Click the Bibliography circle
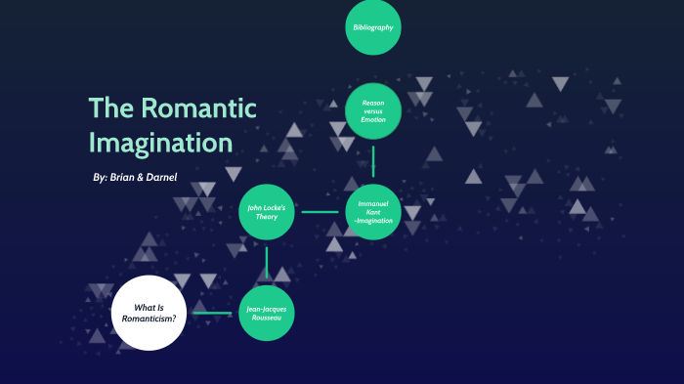click(x=373, y=27)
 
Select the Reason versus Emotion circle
click(x=373, y=111)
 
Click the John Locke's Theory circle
click(x=267, y=211)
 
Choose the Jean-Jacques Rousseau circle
click(x=267, y=313)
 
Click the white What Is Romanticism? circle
click(x=149, y=313)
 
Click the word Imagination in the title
click(x=160, y=143)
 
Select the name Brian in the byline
click(x=126, y=178)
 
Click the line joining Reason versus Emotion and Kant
click(x=373, y=161)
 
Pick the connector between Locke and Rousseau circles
click(x=267, y=262)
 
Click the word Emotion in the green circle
click(x=373, y=120)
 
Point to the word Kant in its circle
click(x=373, y=211)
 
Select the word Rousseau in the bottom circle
click(x=267, y=318)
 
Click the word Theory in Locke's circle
click(x=267, y=216)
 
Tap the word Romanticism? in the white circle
click(x=149, y=319)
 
